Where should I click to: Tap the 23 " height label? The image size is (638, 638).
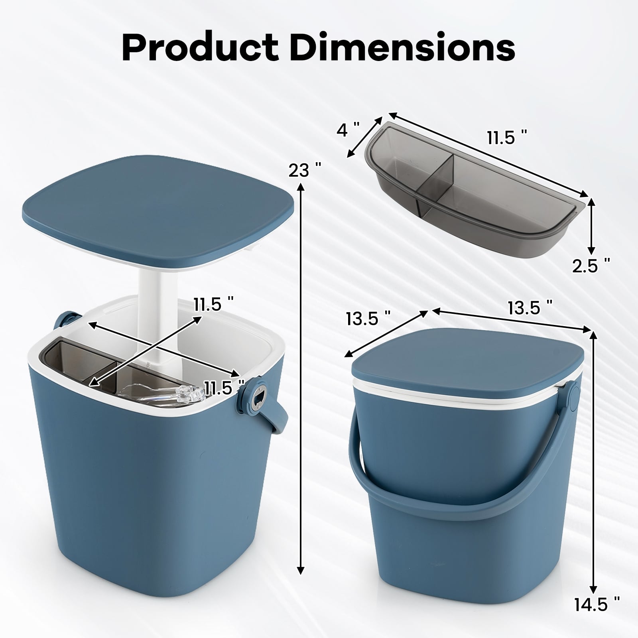coord(305,170)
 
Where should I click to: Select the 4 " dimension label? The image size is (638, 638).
coord(348,130)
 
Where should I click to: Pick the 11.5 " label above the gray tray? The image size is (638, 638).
coord(507,138)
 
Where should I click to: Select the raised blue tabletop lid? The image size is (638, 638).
coord(159,207)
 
